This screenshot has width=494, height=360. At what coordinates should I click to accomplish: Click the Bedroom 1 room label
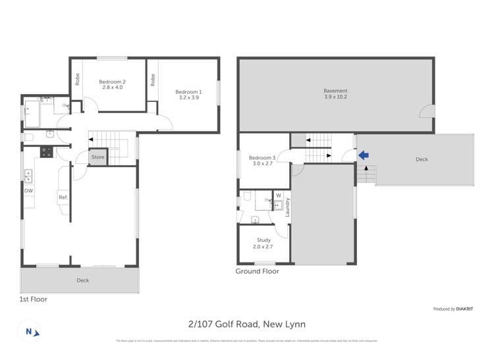coord(188,94)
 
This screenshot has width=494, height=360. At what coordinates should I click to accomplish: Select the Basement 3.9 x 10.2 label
coord(335,93)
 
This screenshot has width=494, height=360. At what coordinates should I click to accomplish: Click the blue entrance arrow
coord(363,155)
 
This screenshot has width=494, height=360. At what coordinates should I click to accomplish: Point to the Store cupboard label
coord(97,157)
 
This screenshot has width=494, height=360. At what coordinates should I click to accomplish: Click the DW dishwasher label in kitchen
coord(28,191)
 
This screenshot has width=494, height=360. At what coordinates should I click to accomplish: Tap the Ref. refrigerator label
coord(63,197)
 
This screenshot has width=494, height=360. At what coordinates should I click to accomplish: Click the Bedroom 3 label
coord(261,161)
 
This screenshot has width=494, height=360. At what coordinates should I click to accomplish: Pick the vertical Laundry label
coord(288,207)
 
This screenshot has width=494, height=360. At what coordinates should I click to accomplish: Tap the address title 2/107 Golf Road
coord(246,324)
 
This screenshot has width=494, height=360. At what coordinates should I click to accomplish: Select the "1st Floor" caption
coord(33,299)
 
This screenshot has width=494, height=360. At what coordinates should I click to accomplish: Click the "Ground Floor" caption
coord(257,271)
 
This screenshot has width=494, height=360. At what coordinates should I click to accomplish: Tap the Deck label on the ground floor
coord(422,159)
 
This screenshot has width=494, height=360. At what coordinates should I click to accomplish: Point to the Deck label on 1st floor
coord(82,280)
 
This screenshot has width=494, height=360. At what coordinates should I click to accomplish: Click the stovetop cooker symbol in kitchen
coord(47,152)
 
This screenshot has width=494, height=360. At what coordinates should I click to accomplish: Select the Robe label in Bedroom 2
coord(77,80)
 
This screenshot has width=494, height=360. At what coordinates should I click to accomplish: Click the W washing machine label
coord(278,195)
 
